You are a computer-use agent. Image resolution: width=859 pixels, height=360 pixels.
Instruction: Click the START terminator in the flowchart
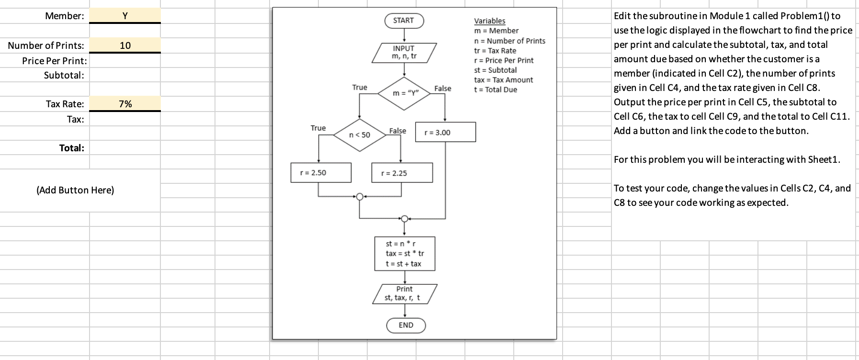pos(404,21)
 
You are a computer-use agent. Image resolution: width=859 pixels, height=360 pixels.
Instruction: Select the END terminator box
pos(406,326)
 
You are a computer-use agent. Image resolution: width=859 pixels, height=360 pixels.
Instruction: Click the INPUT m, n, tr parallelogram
pos(404,52)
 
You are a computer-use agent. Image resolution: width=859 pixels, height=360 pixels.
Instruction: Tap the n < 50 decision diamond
pos(360,135)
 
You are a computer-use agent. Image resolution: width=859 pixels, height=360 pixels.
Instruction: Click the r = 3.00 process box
pos(446,132)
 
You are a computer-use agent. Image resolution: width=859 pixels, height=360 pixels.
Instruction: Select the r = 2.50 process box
pos(321,173)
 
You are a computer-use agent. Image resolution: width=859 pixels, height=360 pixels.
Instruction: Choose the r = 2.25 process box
pos(402,173)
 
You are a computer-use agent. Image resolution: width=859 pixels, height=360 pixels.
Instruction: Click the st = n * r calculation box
pos(404,254)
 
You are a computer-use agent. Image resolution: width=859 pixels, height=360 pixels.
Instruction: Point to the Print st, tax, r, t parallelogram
pos(404,293)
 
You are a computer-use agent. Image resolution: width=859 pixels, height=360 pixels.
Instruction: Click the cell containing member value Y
pos(125,15)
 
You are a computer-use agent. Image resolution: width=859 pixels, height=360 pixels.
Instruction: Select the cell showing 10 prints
pos(125,45)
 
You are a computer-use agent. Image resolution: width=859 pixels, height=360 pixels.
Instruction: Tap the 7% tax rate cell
pos(125,104)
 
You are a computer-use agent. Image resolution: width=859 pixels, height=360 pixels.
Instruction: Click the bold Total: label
pos(71,148)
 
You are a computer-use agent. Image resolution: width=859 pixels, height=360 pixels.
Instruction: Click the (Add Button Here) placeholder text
pos(75,190)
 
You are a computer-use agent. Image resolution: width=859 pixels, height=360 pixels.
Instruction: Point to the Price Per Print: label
pos(54,61)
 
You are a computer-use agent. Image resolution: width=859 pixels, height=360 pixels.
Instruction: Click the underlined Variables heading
pos(489,21)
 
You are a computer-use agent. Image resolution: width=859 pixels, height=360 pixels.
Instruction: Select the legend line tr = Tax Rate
pos(495,51)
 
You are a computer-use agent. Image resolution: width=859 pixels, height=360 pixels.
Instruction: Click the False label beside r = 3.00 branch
pos(442,88)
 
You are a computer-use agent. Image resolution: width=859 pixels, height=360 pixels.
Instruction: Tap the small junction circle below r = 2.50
pos(360,196)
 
